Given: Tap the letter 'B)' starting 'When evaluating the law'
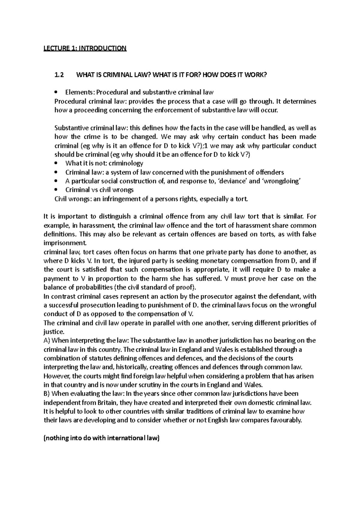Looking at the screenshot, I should [x=47, y=394].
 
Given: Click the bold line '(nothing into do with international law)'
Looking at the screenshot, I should [x=102, y=438].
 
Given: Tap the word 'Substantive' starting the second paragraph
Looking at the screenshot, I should [x=69, y=128].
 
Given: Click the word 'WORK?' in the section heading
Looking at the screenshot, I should [x=256, y=75].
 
